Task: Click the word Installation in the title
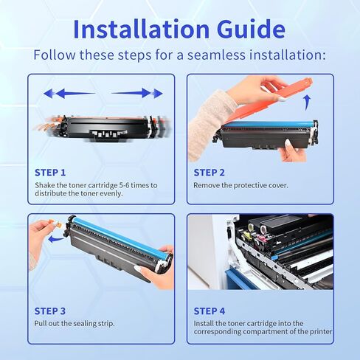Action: coord(142,29)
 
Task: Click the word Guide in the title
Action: coord(252,29)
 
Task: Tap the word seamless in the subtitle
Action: coord(216,55)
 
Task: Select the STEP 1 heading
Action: coord(50,173)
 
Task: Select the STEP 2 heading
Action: coord(210,173)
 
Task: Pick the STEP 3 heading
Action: coord(50,311)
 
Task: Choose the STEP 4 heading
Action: coord(210,311)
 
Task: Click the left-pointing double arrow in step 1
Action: coord(69,94)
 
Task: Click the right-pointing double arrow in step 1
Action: coord(137,94)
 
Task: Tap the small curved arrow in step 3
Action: coord(56,239)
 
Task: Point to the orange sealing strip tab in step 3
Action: coord(55,224)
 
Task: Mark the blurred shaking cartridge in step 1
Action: coord(103,128)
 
